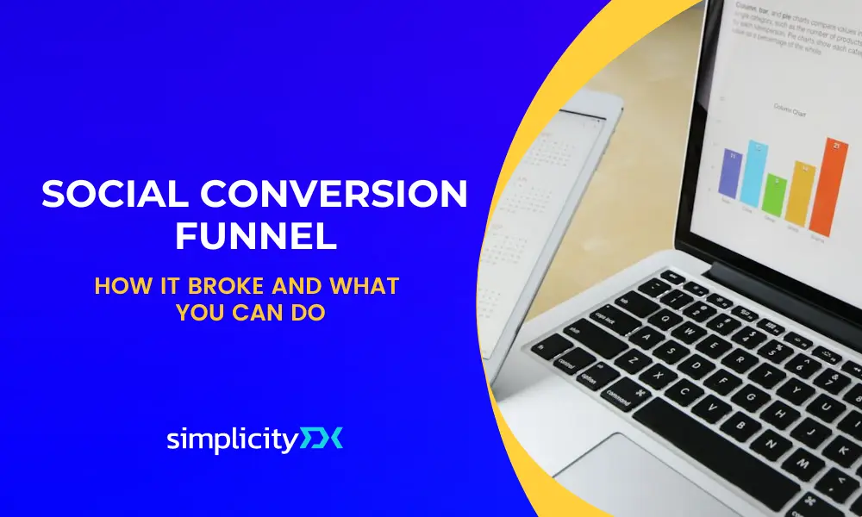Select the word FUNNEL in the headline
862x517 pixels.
(x=256, y=236)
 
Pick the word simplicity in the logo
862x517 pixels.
(x=232, y=439)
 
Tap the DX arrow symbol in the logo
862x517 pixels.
(x=322, y=439)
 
